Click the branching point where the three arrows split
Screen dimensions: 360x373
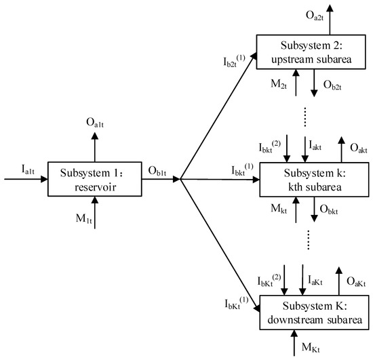[180, 180]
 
